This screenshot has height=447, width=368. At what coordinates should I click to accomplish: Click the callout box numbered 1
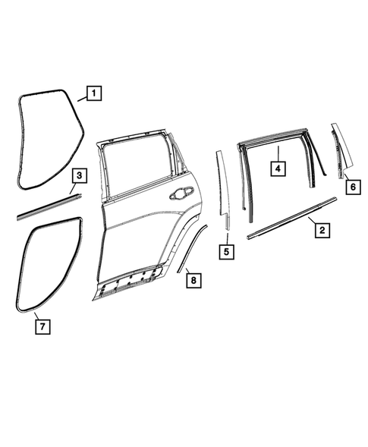tap(93, 95)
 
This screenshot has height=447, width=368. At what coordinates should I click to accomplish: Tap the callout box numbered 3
tap(80, 177)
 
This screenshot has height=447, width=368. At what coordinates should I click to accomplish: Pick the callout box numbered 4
tap(278, 167)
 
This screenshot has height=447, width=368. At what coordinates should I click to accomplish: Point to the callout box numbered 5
tap(225, 250)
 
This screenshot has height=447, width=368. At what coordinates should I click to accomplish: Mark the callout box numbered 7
tap(43, 327)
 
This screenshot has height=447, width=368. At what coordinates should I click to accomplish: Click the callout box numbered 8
tap(193, 281)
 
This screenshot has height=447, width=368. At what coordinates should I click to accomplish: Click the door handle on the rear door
tap(183, 194)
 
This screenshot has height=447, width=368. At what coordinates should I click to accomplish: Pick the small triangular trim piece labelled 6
tap(337, 152)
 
